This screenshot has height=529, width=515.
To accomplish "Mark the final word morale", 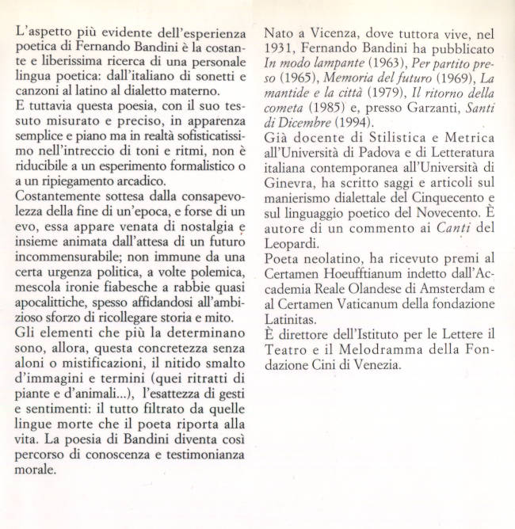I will pyautogui.click(x=37, y=467).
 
